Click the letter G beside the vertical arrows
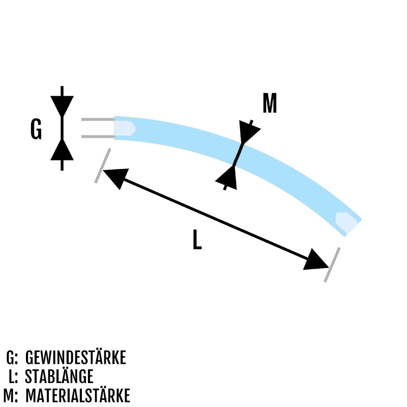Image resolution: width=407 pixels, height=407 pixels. pyautogui.click(x=36, y=129)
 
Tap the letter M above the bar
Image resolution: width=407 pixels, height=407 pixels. pyautogui.click(x=270, y=103)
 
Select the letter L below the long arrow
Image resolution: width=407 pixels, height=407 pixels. pyautogui.click(x=197, y=239)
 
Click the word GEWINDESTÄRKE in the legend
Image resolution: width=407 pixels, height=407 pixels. pyautogui.click(x=75, y=358)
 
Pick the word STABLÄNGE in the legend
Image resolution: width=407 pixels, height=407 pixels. pyautogui.click(x=59, y=376)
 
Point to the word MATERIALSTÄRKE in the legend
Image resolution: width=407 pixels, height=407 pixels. pyautogui.click(x=78, y=395)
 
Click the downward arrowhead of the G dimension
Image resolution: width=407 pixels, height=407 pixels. pyautogui.click(x=62, y=106)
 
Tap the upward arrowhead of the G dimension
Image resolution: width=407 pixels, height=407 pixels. pyautogui.click(x=62, y=150)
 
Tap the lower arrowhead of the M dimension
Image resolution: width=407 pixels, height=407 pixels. pyautogui.click(x=227, y=178)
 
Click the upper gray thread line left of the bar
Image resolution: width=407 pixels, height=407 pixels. pyautogui.click(x=98, y=120)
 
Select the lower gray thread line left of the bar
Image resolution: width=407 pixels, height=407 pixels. pyautogui.click(x=98, y=136)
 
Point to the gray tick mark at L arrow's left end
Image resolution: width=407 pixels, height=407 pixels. pyautogui.click(x=103, y=166)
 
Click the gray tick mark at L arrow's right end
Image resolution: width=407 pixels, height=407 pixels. pyautogui.click(x=332, y=265)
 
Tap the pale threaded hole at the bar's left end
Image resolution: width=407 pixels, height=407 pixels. pyautogui.click(x=125, y=128)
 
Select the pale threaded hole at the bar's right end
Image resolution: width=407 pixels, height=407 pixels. pyautogui.click(x=346, y=222)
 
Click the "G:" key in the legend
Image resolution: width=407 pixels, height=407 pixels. pyautogui.click(x=12, y=358)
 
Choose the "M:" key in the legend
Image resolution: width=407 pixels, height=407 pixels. pyautogui.click(x=11, y=396)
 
